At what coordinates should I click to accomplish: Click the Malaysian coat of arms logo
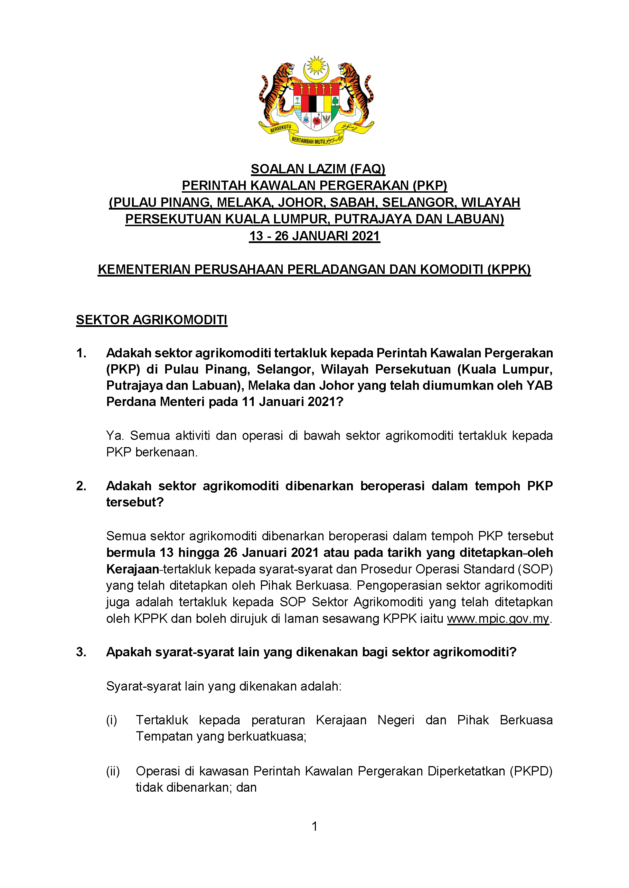[x=316, y=100]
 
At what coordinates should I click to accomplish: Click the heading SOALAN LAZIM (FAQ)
[x=318, y=169]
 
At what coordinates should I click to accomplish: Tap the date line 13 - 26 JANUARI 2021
[x=314, y=236]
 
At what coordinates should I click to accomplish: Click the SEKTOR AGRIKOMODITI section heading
[x=151, y=320]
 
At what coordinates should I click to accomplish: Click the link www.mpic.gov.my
[x=498, y=619]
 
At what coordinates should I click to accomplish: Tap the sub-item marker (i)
[x=112, y=720]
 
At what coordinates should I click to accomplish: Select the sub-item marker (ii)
[x=113, y=771]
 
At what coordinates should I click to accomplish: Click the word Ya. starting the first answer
[x=115, y=436]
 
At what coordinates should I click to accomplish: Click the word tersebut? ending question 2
[x=135, y=502]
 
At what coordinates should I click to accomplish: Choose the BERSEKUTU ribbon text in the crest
[x=280, y=128]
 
